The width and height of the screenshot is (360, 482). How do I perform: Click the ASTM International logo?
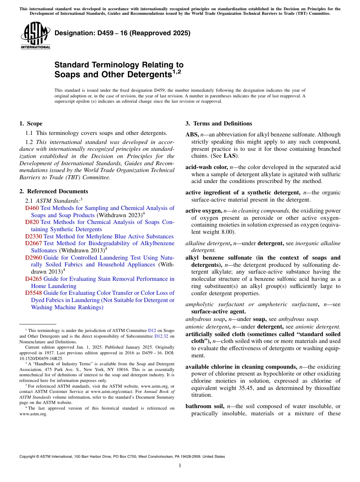[35, 36]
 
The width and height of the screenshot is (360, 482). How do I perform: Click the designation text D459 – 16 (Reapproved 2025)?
[122, 33]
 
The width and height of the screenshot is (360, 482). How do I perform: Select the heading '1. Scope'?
[31, 124]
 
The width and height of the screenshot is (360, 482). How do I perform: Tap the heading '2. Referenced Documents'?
[53, 191]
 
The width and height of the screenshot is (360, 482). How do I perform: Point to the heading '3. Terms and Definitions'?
[219, 124]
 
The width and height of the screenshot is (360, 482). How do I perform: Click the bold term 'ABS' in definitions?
[191, 135]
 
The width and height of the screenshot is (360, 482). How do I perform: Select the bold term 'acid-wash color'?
[207, 167]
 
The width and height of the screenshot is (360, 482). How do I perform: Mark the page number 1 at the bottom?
[180, 466]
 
